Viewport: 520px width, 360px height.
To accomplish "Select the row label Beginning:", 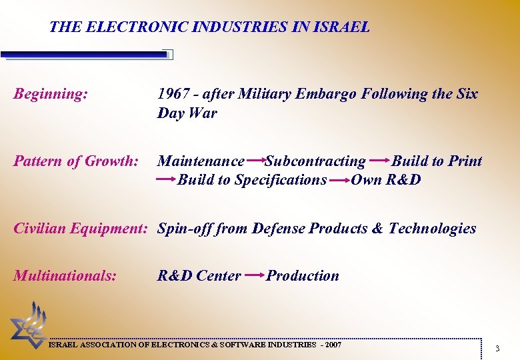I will pyautogui.click(x=51, y=94).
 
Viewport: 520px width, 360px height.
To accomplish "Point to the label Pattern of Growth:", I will pyautogui.click(x=76, y=161).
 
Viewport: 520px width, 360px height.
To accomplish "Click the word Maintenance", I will pyautogui.click(x=201, y=161).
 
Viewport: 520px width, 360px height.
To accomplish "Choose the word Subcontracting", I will pyautogui.click(x=315, y=161).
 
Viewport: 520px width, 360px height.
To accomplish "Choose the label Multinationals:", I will pyautogui.click(x=65, y=275).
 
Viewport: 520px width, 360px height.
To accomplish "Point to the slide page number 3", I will pyautogui.click(x=497, y=349).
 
